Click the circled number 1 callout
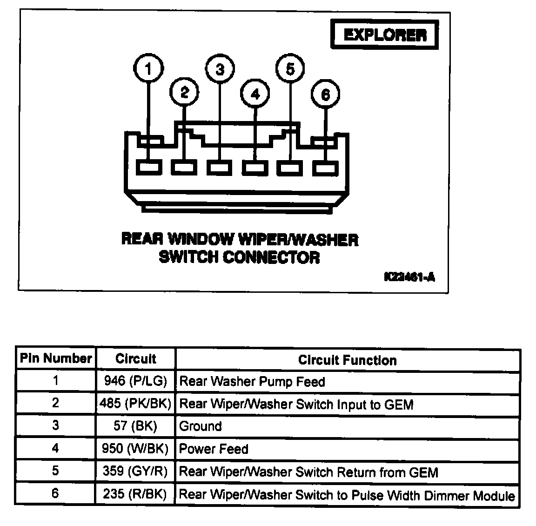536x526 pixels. (x=148, y=69)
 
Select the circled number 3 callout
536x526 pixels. (x=220, y=69)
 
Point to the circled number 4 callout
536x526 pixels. (x=255, y=94)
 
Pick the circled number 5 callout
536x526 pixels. (x=290, y=69)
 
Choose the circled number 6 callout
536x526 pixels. (x=325, y=94)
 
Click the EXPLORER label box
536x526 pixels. (x=384, y=35)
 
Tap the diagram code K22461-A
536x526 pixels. (x=409, y=277)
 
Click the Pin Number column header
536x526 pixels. (x=56, y=359)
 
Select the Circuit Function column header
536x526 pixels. (x=347, y=360)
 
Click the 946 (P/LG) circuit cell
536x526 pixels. (x=135, y=381)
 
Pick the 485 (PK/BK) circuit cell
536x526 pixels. (x=135, y=403)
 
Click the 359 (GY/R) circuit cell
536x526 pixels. (x=135, y=472)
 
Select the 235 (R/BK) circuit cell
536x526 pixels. (x=135, y=494)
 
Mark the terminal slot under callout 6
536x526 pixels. (x=325, y=168)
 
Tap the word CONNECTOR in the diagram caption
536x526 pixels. (x=271, y=257)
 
